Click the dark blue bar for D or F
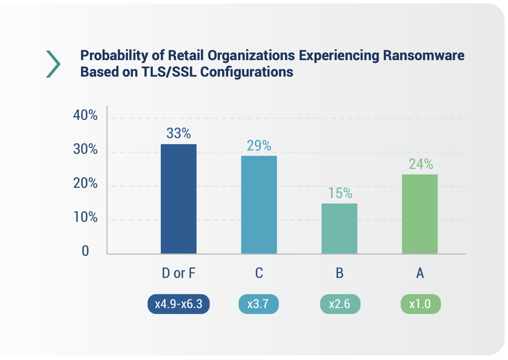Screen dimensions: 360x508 [x=179, y=199]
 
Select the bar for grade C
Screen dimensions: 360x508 [x=259, y=205]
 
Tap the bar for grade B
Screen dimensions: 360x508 [x=339, y=228]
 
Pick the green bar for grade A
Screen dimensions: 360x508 [x=420, y=214]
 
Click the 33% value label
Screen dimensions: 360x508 [x=179, y=134]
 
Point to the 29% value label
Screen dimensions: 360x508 [x=259, y=146]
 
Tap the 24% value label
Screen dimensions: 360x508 [x=420, y=164]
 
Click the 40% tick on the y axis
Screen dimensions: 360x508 [x=85, y=116]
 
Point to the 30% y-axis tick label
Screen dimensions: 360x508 [x=85, y=150]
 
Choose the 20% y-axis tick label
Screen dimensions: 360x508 [x=85, y=184]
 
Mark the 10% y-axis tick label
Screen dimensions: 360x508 [x=85, y=217]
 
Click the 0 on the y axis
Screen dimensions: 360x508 [x=85, y=251]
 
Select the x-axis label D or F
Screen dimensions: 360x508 [x=179, y=273]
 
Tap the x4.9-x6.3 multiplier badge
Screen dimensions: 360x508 [x=179, y=305]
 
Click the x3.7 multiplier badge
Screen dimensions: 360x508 [x=258, y=305]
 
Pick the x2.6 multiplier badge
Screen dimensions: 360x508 [x=340, y=305]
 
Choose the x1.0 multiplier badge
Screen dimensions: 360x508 [x=420, y=305]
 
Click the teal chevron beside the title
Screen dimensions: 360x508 [x=53, y=64]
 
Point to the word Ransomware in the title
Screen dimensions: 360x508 [x=423, y=55]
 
